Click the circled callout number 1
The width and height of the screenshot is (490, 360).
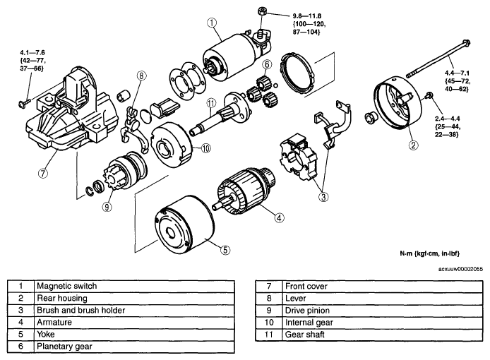212,23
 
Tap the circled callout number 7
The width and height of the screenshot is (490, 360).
43,173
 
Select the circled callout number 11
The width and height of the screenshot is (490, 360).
212,103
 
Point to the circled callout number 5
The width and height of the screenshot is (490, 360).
225,250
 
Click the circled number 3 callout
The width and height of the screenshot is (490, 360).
323,197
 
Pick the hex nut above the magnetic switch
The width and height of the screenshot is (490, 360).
262,11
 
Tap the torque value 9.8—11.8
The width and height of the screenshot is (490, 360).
307,16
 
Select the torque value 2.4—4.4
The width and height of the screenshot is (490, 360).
447,119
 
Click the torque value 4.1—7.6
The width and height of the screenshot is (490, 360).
32,52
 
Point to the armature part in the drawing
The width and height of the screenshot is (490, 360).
244,191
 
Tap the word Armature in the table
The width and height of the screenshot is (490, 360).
54,322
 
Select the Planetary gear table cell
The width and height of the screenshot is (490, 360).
134,347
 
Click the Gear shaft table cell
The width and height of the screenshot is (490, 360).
382,335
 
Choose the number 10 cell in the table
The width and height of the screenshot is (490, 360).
269,323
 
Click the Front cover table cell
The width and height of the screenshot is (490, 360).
382,287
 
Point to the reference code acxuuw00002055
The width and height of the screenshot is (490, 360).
460,269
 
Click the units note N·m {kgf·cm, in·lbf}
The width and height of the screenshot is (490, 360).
430,253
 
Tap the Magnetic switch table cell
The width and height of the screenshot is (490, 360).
134,286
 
